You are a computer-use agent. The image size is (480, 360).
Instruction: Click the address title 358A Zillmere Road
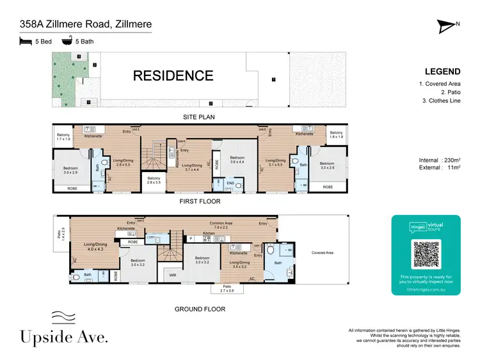(x=85, y=25)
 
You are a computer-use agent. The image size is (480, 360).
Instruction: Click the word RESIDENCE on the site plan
(x=173, y=75)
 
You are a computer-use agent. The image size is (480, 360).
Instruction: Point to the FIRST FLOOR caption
(x=200, y=201)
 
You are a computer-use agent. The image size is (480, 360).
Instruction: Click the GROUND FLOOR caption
(x=200, y=309)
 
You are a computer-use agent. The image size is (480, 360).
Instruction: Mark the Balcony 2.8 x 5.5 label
(x=154, y=180)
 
